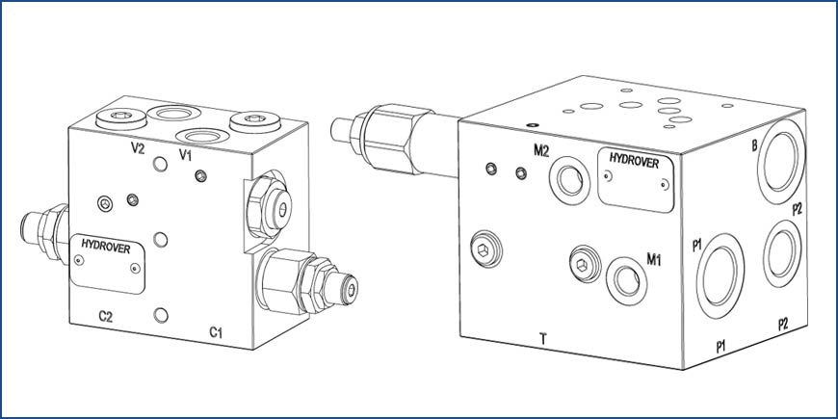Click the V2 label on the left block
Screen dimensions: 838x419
pyautogui.click(x=138, y=148)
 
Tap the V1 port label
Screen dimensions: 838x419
pyautogui.click(x=185, y=155)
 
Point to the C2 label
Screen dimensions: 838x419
pyautogui.click(x=106, y=316)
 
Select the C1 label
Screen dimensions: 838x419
pyautogui.click(x=216, y=333)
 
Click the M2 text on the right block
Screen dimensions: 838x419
pyautogui.click(x=541, y=150)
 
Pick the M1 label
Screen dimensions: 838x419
pyautogui.click(x=654, y=260)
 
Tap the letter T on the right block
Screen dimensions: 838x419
pyautogui.click(x=543, y=338)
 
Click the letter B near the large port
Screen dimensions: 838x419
pyautogui.click(x=754, y=145)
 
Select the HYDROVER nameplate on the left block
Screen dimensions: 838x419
pyautogui.click(x=108, y=263)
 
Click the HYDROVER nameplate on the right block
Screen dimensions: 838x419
pyautogui.click(x=636, y=179)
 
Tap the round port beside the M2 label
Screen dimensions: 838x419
pyautogui.click(x=569, y=181)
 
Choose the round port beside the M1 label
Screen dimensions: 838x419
pyautogui.click(x=626, y=280)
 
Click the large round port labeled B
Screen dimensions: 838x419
pyautogui.click(x=781, y=162)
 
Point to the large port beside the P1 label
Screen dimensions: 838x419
pyautogui.click(x=720, y=275)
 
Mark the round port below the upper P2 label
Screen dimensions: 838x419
pyautogui.click(x=782, y=254)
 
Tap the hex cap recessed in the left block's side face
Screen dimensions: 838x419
pyautogui.click(x=269, y=207)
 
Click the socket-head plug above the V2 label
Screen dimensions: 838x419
pyautogui.click(x=121, y=118)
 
